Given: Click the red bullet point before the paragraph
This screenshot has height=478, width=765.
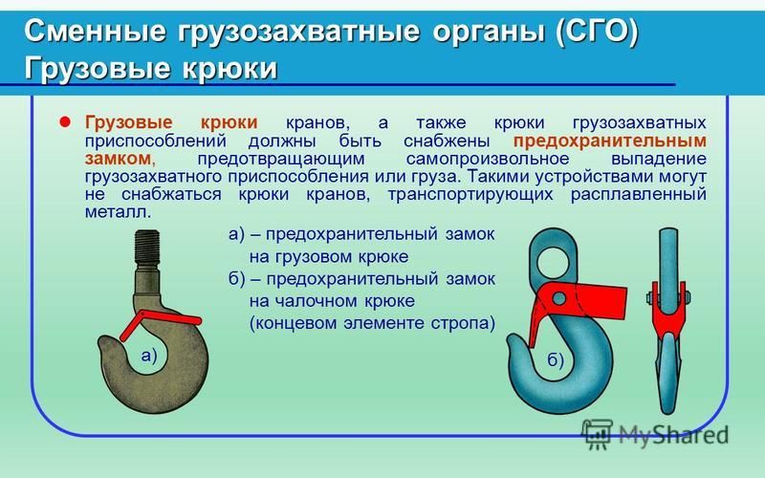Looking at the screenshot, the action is pos(64,121).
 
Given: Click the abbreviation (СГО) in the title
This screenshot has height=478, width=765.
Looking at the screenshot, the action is pos(596,32).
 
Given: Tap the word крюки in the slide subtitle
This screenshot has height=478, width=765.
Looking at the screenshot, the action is pos(229,68).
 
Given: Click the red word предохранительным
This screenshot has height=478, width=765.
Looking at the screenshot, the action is pos(610,141).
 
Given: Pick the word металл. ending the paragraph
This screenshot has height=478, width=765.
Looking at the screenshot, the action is pos(118,212).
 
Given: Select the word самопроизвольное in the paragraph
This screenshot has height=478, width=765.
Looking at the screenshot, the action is pos(488,159).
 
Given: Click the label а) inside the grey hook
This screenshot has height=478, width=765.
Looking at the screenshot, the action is pos(149,356).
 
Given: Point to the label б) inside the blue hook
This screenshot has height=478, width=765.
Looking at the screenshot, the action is pos(556,360).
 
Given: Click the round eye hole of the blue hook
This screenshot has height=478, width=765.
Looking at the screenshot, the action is pos(553,262).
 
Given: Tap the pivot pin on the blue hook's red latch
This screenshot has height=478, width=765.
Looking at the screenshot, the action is pos(559,298).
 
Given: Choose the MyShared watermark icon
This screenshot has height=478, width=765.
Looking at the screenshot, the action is pos(597,433).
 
